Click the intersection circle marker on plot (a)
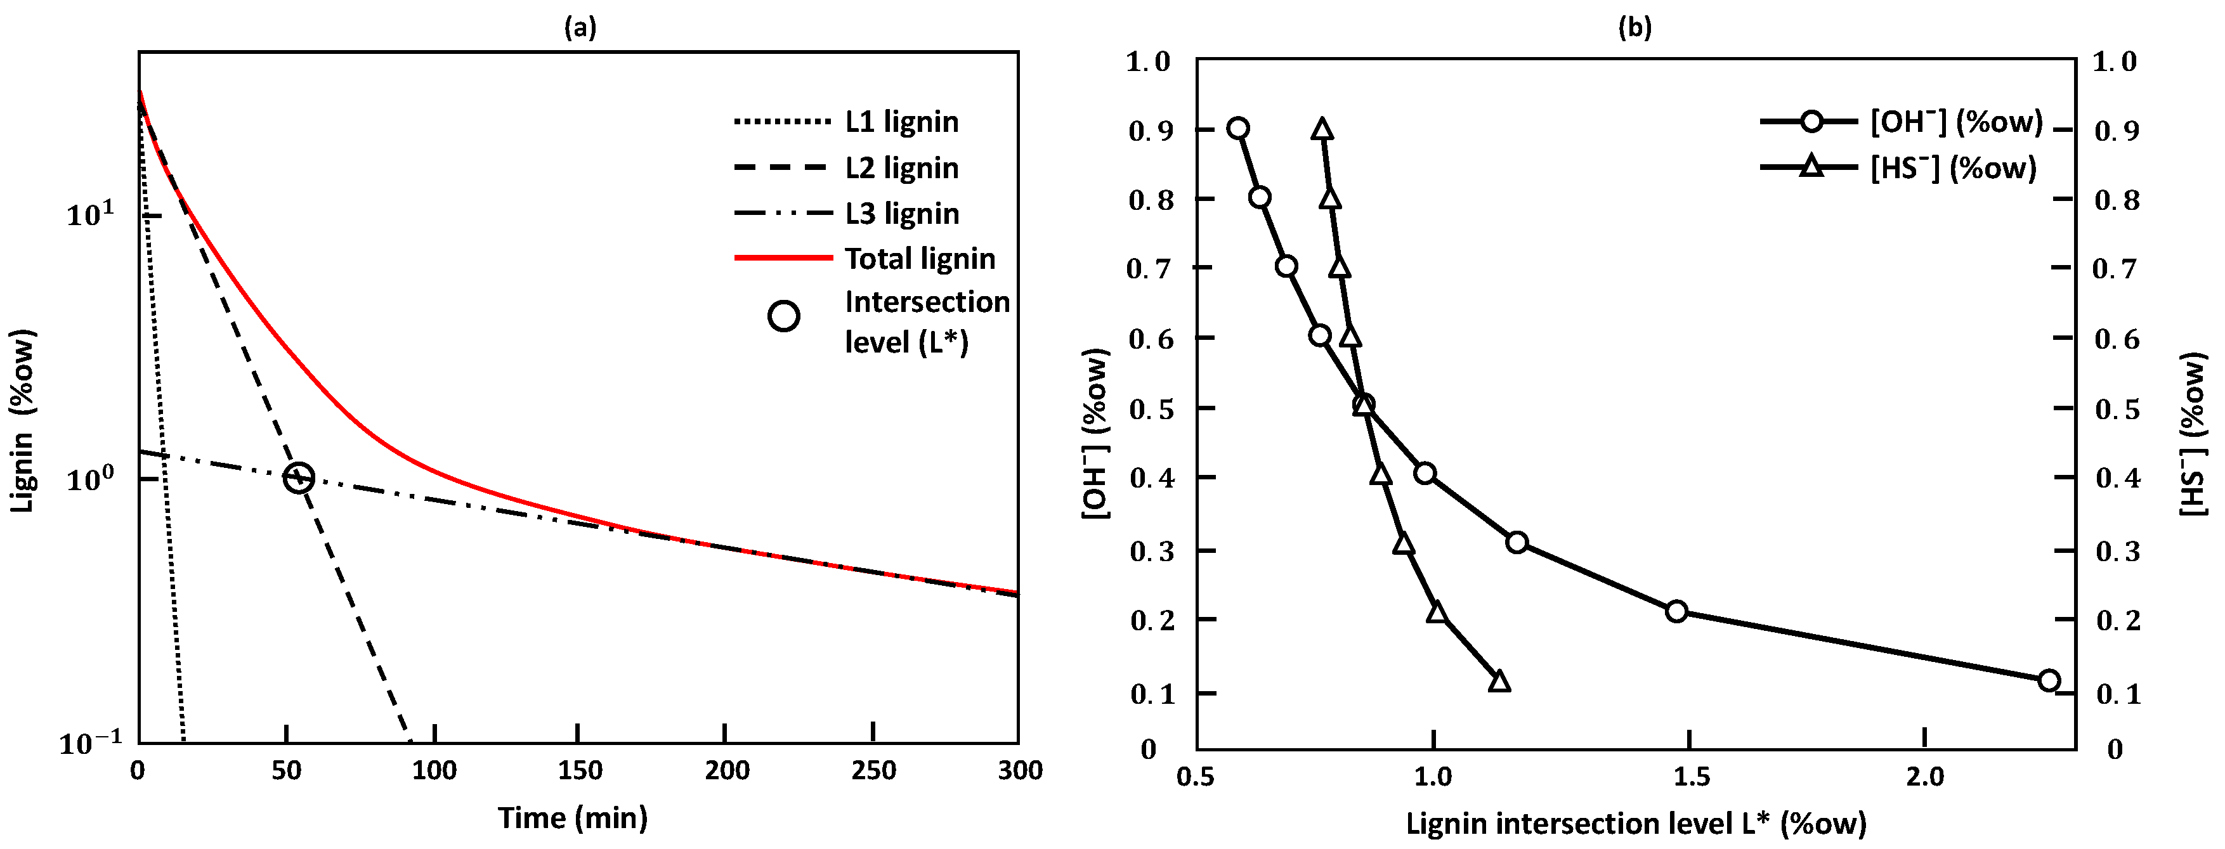point(299,477)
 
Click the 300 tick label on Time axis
point(1020,770)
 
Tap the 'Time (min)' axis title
point(573,817)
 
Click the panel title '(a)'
point(580,28)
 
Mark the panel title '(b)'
point(1634,28)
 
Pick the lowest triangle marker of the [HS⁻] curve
point(1499,682)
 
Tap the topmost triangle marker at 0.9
point(1322,129)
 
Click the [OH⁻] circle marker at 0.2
point(1676,611)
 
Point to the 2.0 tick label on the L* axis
point(1925,777)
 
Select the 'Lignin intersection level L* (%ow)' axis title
point(1636,823)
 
